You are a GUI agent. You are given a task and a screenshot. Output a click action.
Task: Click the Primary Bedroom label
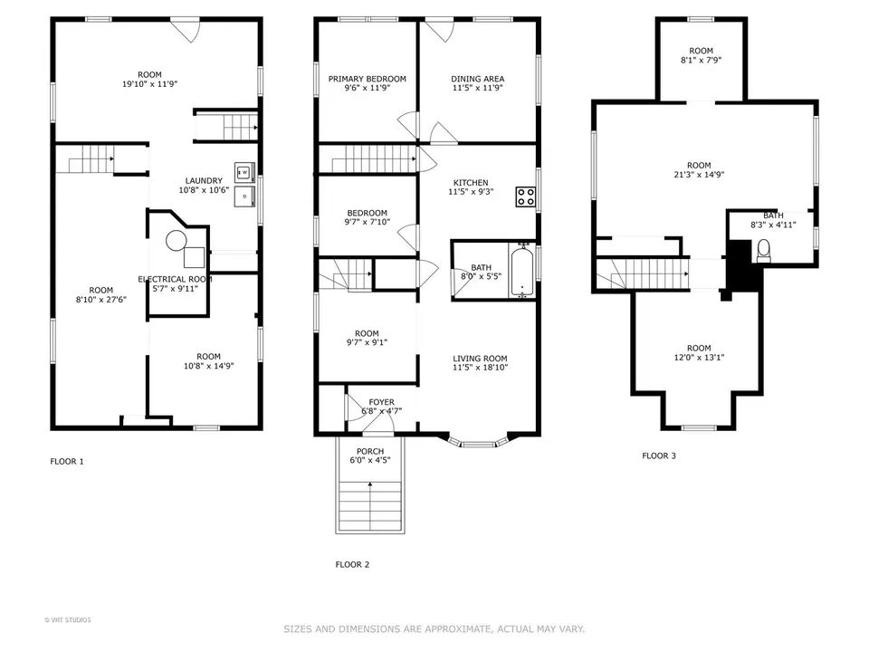367,79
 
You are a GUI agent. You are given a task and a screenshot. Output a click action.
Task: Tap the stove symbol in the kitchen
525,197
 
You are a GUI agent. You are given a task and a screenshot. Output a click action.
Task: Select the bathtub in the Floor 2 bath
521,269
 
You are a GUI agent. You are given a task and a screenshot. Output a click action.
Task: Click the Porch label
370,451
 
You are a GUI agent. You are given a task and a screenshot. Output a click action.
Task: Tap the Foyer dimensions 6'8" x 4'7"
381,411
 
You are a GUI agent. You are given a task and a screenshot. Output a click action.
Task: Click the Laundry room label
204,180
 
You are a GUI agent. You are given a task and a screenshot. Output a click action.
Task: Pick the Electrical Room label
175,279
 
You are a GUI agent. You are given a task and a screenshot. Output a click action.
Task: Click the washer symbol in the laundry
244,170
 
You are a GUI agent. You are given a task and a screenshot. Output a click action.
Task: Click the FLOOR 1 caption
66,462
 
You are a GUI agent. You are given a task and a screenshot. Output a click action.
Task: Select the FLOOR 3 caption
658,455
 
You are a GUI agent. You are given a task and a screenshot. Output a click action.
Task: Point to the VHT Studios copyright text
68,620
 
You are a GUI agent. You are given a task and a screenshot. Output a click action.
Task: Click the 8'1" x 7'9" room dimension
701,61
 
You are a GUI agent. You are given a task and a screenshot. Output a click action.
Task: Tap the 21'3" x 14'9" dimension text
704,175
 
